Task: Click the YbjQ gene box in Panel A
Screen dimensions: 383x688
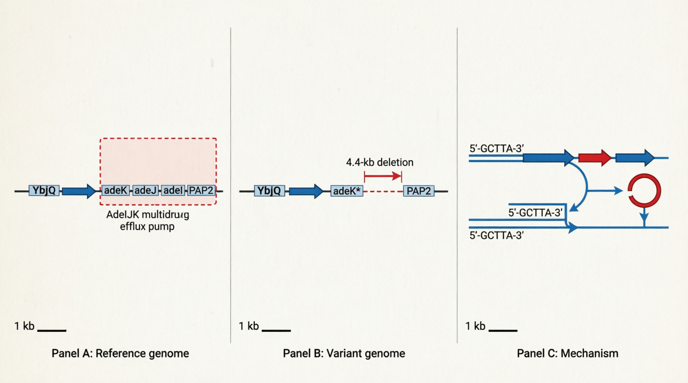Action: click(44, 190)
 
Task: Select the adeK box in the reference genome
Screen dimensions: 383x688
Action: click(115, 190)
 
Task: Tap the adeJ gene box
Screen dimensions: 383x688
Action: click(145, 190)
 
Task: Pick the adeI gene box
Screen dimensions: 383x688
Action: click(173, 190)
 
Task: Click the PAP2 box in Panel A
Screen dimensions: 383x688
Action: click(201, 190)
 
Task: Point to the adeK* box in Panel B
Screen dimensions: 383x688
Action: click(347, 191)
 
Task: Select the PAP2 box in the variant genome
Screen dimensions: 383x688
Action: click(419, 191)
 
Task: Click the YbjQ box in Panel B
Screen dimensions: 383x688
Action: click(269, 191)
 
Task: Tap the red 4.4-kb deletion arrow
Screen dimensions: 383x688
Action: click(383, 177)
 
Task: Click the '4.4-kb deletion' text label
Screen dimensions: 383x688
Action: click(380, 162)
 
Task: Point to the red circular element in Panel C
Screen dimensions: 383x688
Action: click(644, 190)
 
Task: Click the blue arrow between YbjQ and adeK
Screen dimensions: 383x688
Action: click(79, 191)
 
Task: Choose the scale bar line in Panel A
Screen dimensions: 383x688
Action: click(52, 330)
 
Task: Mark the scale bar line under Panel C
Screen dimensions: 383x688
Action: click(503, 330)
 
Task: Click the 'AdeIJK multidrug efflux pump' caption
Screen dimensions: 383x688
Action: click(148, 220)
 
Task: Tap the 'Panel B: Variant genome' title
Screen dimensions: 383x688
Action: click(344, 353)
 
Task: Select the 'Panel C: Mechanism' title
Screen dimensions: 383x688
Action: click(567, 353)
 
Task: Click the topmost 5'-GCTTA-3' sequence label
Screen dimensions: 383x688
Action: click(497, 149)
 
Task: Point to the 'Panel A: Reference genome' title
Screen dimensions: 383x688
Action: click(120, 353)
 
